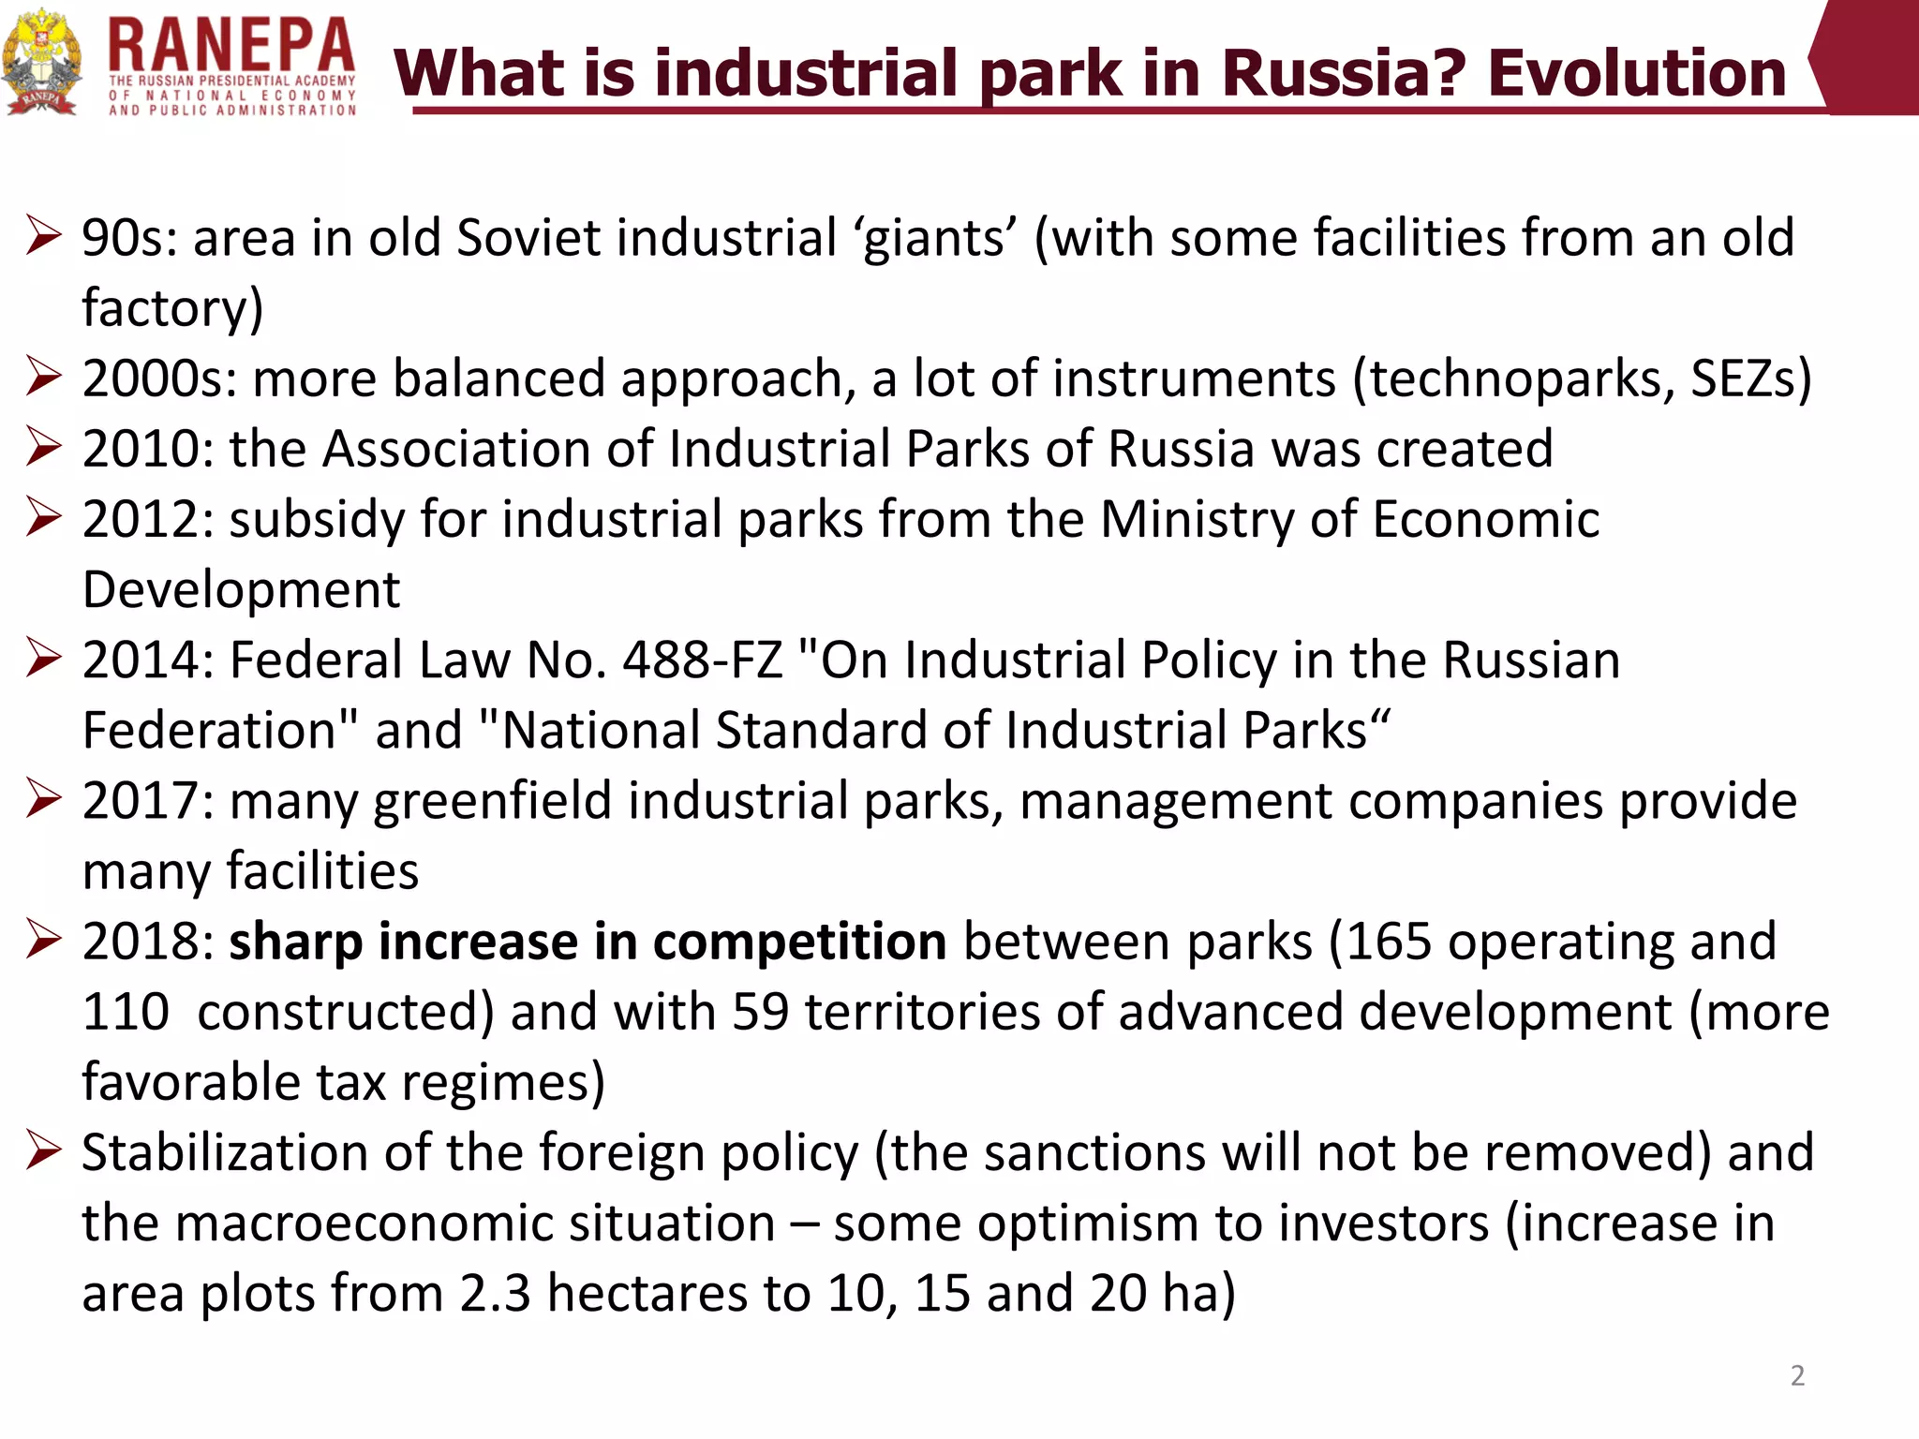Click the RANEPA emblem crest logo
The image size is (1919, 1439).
coord(40,63)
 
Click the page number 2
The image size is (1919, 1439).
coord(1796,1375)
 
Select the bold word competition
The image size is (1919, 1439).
coord(799,942)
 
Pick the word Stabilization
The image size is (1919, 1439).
coord(224,1152)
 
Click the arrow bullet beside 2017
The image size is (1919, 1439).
coord(44,799)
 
